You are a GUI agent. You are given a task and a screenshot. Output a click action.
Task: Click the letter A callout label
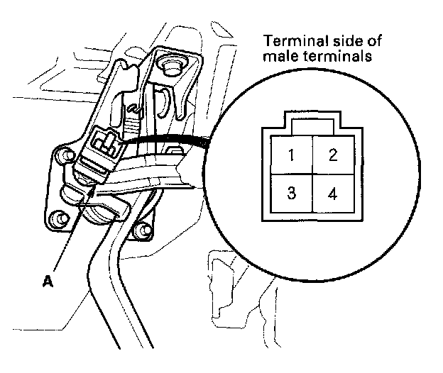48,282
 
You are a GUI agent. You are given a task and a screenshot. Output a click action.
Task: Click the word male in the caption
277,57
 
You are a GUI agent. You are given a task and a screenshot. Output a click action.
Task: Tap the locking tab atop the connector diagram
312,126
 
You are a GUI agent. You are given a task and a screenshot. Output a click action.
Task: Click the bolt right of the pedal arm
141,228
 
